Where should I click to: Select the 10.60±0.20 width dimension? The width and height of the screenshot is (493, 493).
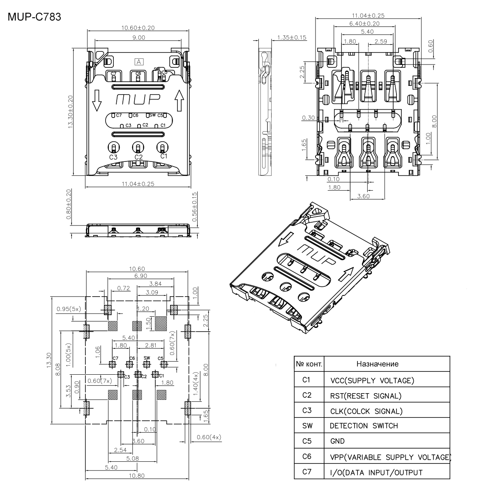138,28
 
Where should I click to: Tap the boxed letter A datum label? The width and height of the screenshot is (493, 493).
139,62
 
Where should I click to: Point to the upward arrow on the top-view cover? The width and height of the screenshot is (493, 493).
180,100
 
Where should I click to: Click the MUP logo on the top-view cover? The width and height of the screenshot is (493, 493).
138,100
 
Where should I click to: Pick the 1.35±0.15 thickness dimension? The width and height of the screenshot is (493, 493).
292,37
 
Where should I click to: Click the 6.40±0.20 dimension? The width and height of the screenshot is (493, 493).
364,23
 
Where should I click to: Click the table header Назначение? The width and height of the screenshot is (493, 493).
377,364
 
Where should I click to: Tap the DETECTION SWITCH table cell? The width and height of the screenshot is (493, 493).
364,426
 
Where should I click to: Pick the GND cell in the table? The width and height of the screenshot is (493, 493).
337,441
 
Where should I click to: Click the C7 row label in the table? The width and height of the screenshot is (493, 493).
307,472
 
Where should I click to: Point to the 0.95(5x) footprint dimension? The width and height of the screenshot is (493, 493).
69,309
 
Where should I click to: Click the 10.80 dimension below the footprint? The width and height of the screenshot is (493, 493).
137,476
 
